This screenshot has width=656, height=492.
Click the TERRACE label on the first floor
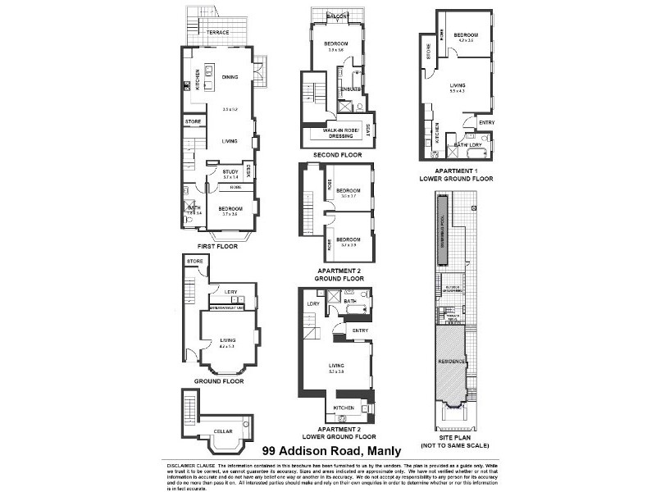tap(216, 33)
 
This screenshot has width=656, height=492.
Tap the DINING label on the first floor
tap(230, 77)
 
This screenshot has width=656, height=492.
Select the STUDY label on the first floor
tap(230, 170)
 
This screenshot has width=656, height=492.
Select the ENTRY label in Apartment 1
tap(486, 123)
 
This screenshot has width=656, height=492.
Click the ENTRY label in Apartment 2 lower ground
tap(359, 330)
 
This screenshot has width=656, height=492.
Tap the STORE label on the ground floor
tap(194, 262)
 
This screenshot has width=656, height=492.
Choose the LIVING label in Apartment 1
tap(457, 84)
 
